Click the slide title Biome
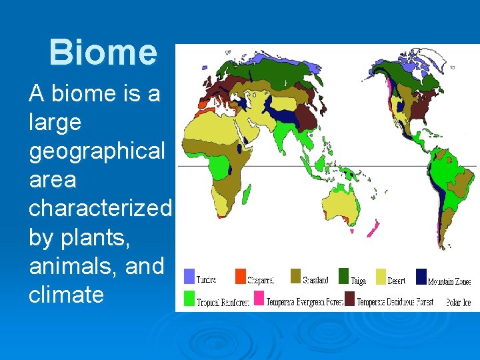(103, 53)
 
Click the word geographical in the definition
(97, 151)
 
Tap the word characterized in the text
(100, 208)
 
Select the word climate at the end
(66, 294)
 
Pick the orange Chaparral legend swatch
(240, 277)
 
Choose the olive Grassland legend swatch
(295, 277)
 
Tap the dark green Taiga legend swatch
(343, 277)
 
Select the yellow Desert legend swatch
(381, 277)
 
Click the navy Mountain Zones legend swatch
(421, 277)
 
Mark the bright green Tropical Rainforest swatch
(189, 298)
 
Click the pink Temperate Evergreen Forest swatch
(259, 298)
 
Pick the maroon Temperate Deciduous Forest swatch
(349, 298)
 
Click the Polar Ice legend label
(458, 302)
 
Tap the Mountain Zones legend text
(449, 281)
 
